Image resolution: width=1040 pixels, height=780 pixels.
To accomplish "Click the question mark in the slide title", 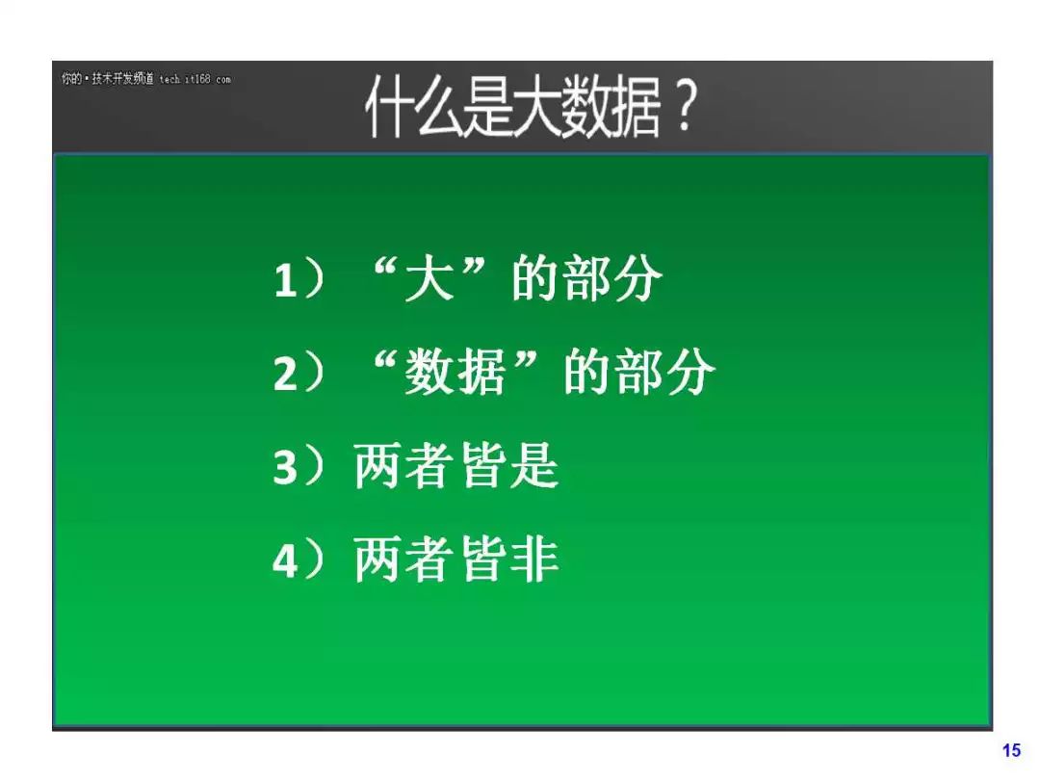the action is pos(682,107).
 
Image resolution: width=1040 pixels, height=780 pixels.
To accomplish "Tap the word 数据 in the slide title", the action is pos(611,107).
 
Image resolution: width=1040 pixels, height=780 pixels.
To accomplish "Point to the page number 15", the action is pos(1011,750).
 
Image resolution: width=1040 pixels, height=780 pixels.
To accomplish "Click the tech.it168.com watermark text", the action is pos(195,79).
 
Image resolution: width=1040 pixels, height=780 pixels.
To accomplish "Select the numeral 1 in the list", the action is pos(284,280).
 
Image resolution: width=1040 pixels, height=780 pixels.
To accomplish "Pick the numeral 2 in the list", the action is pos(285,374).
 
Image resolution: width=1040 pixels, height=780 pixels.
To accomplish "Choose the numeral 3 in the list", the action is pos(285,467).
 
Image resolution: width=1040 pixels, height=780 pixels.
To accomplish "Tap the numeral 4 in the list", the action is pos(285,560).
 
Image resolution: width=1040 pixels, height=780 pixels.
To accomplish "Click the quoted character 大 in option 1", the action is pos(429,278).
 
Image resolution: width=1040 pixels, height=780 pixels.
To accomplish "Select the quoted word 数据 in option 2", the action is pos(455,372).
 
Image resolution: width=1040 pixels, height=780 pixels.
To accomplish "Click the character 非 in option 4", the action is pos(534,559).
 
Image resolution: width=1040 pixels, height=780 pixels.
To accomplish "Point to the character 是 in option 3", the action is pos(534,466).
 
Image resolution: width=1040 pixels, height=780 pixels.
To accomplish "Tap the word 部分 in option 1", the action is pos(612,278).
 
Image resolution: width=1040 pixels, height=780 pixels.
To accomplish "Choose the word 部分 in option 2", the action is pos(665,372).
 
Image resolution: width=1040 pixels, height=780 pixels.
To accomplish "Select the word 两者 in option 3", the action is pos(403,466).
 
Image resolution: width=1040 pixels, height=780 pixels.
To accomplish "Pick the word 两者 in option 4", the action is pos(403,559).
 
